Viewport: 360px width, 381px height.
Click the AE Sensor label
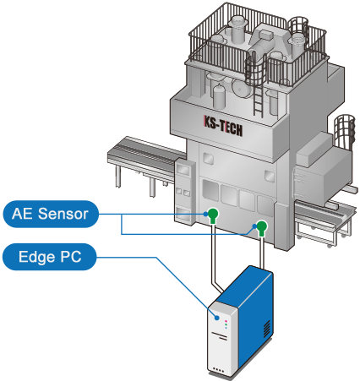click(x=51, y=214)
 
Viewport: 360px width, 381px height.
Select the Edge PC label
click(x=50, y=257)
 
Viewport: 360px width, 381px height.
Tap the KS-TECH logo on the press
click(x=223, y=126)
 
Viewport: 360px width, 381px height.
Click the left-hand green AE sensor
click(x=213, y=215)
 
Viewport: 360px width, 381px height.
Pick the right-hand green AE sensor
click(x=262, y=228)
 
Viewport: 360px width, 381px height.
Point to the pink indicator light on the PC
click(x=226, y=321)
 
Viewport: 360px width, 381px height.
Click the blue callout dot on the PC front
click(x=216, y=318)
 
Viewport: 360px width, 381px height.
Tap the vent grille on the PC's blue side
click(x=266, y=329)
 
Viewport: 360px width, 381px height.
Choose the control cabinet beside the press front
click(x=185, y=192)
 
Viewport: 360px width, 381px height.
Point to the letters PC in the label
click(x=71, y=257)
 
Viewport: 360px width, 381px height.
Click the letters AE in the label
click(x=23, y=214)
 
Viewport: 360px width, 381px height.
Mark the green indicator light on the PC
click(x=226, y=324)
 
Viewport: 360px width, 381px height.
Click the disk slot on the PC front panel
click(x=220, y=335)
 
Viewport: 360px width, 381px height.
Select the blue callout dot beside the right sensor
click(x=254, y=226)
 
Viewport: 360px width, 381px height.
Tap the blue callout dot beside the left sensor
click(x=205, y=214)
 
